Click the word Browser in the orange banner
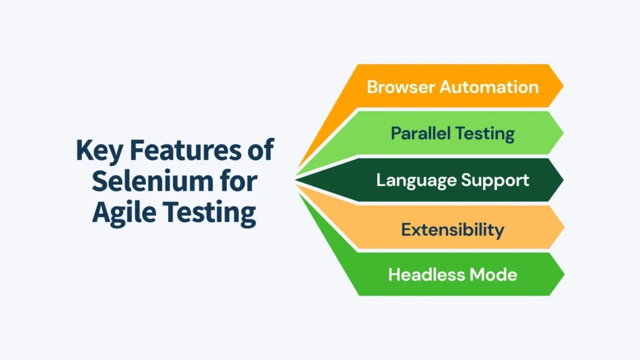pyautogui.click(x=401, y=86)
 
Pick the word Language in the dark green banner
pyautogui.click(x=411, y=181)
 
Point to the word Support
pyautogui.click(x=497, y=181)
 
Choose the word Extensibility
pyautogui.click(x=452, y=229)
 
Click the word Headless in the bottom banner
pyautogui.click(x=426, y=274)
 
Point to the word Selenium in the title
pyautogui.click(x=149, y=182)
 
